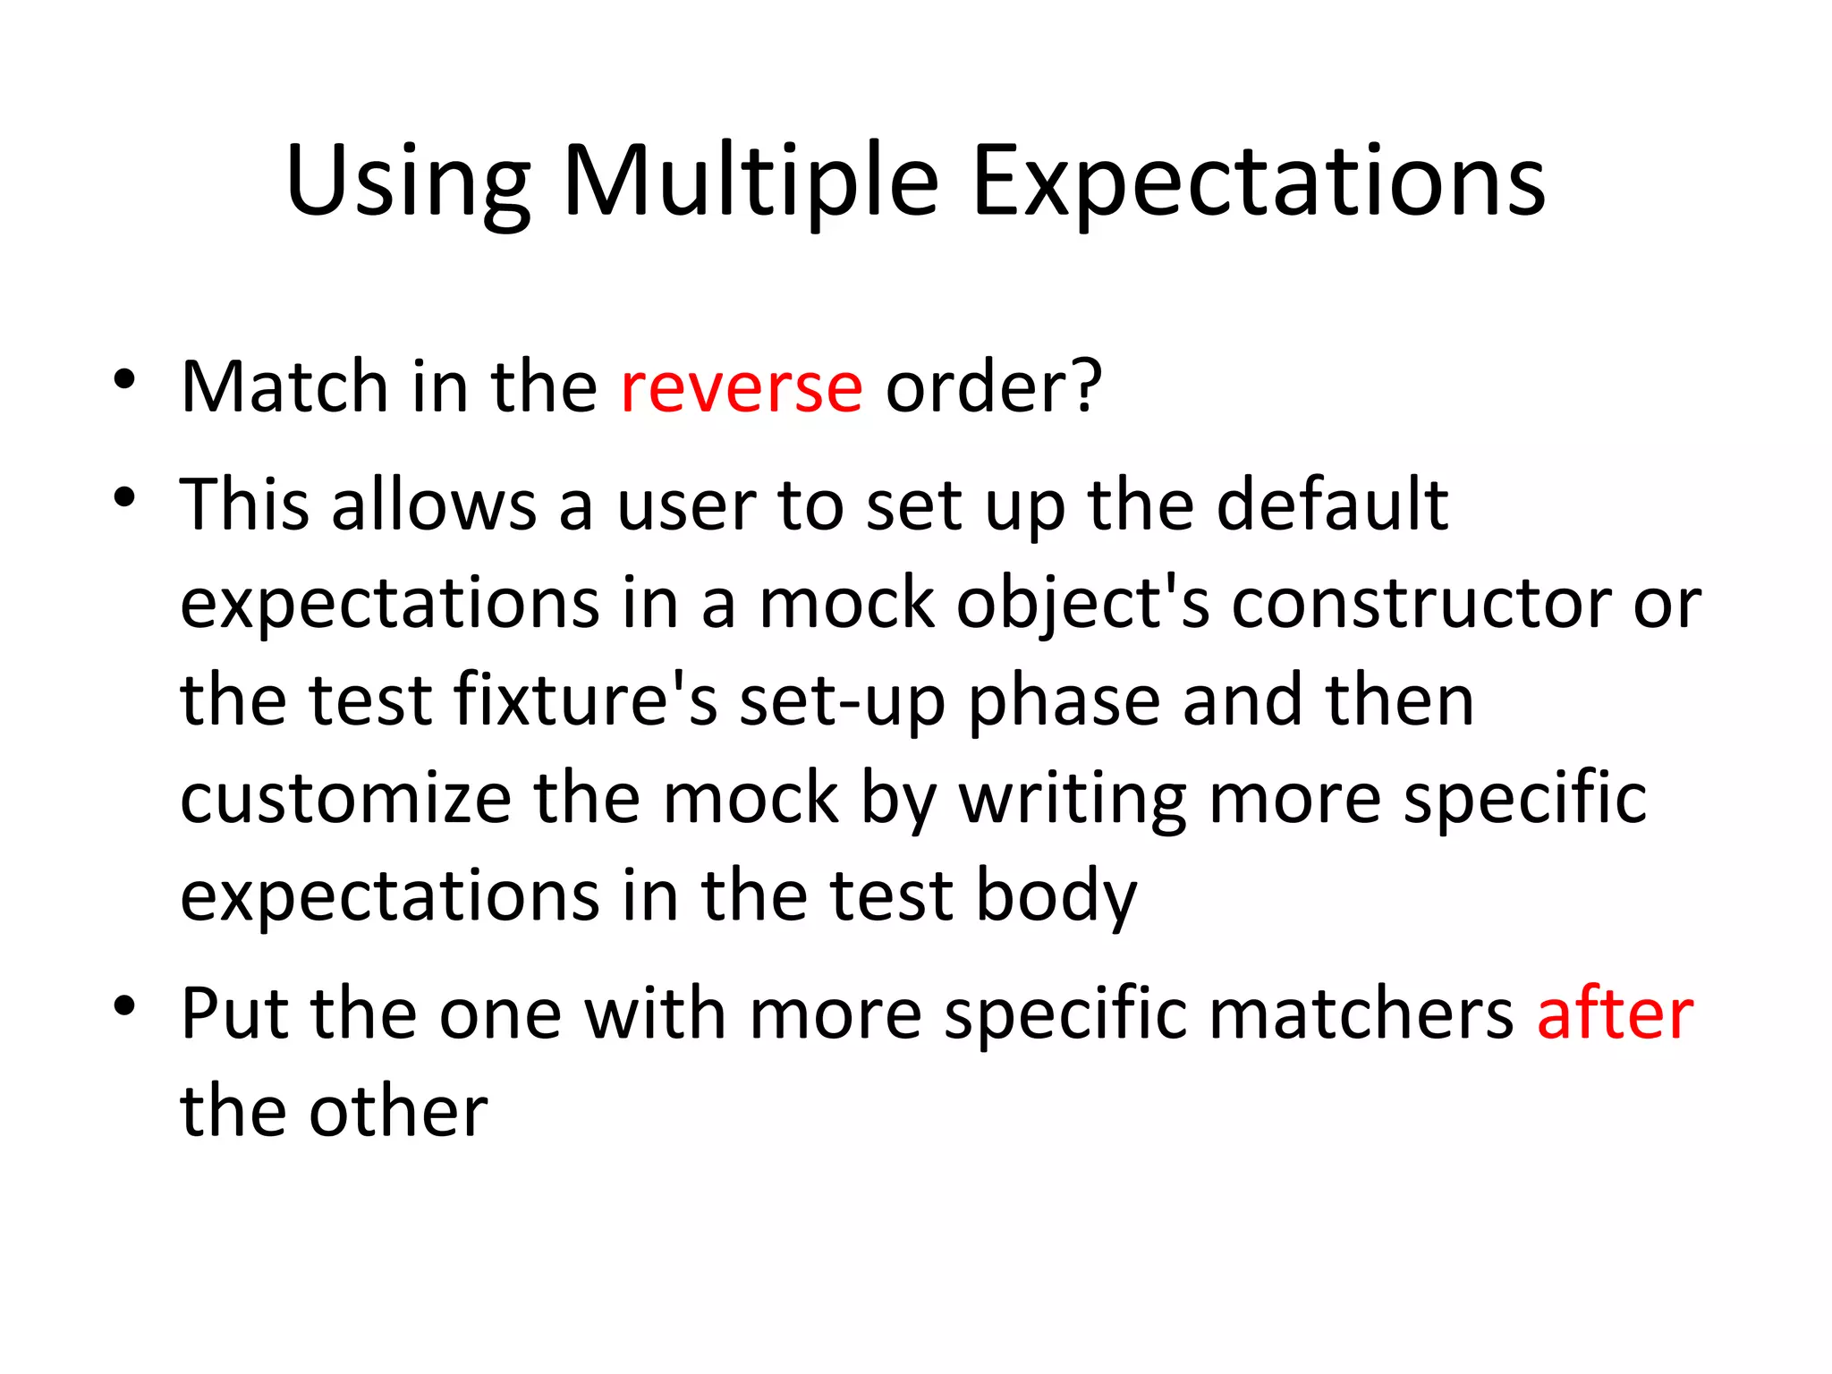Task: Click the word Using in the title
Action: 408,183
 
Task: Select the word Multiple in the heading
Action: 751,183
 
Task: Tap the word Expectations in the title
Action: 1258,183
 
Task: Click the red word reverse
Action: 742,386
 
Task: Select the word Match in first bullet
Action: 284,386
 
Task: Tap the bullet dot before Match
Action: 124,379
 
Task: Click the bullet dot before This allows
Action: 124,497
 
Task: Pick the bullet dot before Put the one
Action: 124,1005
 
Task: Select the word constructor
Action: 1421,604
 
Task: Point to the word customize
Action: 345,798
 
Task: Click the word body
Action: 1056,897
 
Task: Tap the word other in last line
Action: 398,1111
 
